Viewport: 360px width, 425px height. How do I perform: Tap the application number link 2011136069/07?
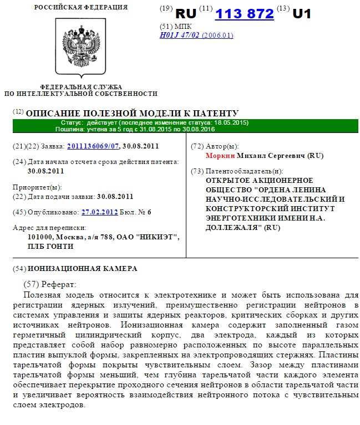[93, 146]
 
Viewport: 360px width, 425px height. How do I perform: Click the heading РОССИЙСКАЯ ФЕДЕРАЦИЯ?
[80, 7]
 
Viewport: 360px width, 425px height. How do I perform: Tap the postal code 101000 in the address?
[40, 237]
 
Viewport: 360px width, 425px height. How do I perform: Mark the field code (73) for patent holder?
[197, 171]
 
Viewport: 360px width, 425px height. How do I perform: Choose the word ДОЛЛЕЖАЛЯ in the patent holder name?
[234, 227]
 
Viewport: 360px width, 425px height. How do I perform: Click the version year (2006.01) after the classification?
[217, 35]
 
